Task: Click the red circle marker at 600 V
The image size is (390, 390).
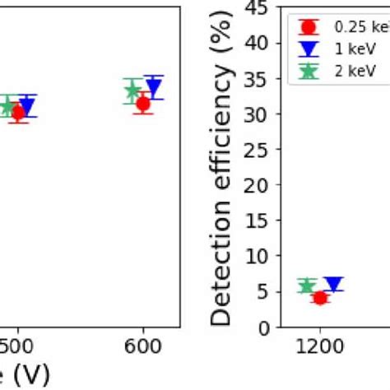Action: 143,104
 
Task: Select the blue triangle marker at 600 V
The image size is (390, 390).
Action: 153,86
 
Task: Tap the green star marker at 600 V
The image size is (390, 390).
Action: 132,90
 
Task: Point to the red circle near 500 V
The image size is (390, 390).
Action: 18,113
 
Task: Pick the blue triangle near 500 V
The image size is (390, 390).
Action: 26,105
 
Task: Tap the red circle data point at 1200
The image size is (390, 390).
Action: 320,298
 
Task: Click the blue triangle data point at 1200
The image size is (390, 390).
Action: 333,285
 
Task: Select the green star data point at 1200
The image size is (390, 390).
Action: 307,286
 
